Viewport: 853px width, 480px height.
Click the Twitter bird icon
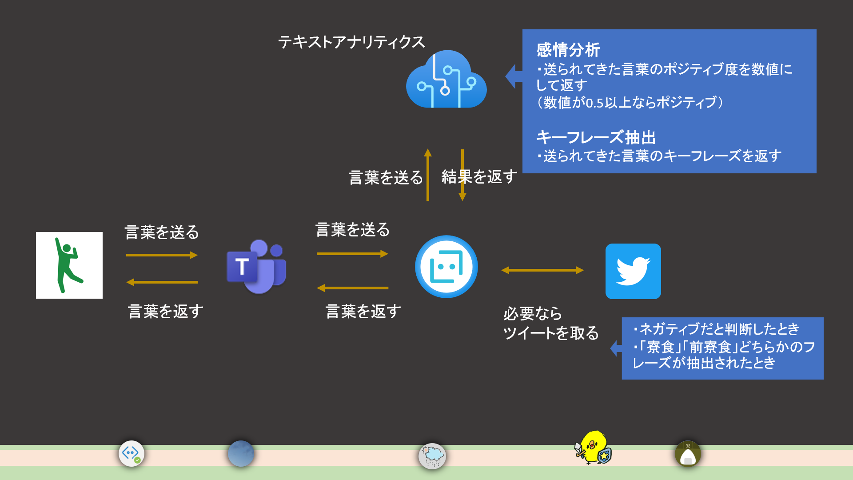pos(633,271)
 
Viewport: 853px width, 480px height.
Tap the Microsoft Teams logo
pos(256,267)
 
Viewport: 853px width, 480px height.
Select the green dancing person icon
pos(69,265)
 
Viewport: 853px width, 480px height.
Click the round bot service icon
pos(446,267)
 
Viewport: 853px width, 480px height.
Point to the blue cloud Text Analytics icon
pos(446,80)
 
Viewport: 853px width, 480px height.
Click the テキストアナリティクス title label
pos(351,42)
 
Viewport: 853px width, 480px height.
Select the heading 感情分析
pos(568,50)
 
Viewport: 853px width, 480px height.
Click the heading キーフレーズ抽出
pos(596,137)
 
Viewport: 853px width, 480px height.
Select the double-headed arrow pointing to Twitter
pos(542,270)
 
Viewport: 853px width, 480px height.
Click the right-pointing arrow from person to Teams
pos(162,255)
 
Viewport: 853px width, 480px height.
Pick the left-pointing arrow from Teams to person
pos(162,282)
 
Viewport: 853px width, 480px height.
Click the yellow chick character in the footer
pos(593,447)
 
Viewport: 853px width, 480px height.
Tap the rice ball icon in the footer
pos(688,454)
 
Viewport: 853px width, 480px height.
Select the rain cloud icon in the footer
pos(432,456)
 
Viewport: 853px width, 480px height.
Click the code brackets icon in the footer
pos(131,453)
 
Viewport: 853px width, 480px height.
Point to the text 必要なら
pos(532,314)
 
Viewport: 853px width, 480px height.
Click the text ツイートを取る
pos(550,333)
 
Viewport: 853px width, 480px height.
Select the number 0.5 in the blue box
pos(595,103)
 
